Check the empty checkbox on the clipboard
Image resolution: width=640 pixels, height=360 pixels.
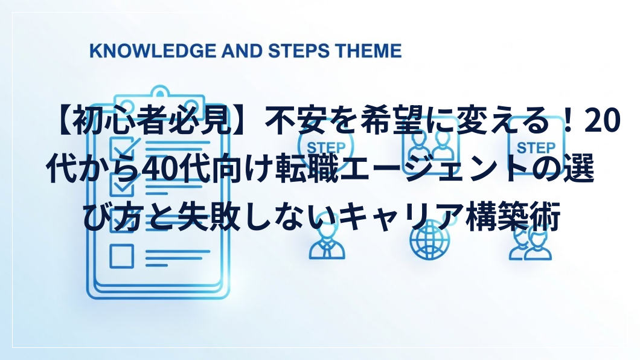(x=121, y=256)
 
